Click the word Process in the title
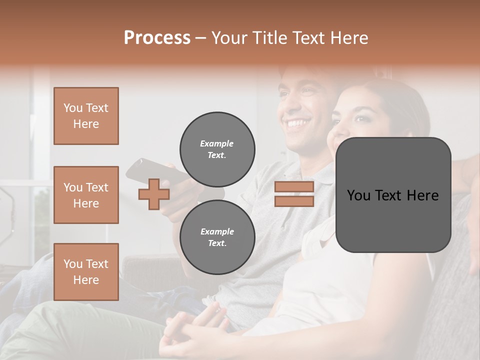[x=157, y=37]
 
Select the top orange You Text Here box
[x=86, y=116]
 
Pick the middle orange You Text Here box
[x=86, y=195]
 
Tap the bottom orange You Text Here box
[x=86, y=272]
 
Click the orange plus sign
[x=153, y=194]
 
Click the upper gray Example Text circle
[x=217, y=149]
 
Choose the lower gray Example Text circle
[x=217, y=237]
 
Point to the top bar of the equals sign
[x=294, y=187]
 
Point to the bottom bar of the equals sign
[x=294, y=201]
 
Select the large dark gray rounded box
[x=393, y=195]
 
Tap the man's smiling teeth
[x=297, y=123]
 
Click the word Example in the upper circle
[x=217, y=143]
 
